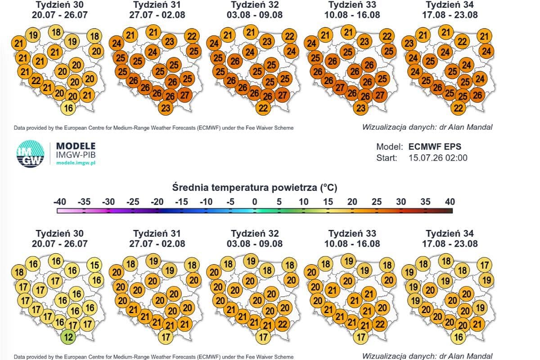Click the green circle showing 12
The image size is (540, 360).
(x=68, y=337)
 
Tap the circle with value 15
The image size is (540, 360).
(x=94, y=265)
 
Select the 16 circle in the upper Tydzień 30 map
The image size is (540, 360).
(x=68, y=108)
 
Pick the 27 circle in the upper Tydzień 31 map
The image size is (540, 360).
(x=184, y=95)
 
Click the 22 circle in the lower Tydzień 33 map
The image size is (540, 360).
(x=380, y=324)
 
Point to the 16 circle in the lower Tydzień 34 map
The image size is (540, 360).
(x=458, y=337)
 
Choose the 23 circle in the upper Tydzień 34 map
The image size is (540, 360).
(x=409, y=43)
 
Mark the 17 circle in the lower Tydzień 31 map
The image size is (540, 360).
(x=166, y=337)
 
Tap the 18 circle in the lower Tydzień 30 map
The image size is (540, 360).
(x=19, y=272)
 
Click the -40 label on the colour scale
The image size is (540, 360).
(x=59, y=202)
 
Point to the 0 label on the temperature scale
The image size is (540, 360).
(x=255, y=202)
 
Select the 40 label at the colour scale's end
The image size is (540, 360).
(x=450, y=202)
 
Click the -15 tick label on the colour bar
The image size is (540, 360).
(x=181, y=202)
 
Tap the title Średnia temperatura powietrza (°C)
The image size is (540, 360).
(x=255, y=187)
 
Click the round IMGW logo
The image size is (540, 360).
(x=31, y=154)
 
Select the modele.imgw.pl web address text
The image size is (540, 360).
(x=76, y=163)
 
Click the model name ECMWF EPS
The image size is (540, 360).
(x=435, y=147)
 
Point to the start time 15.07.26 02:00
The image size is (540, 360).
(x=438, y=157)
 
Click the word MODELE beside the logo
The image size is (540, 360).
(x=76, y=146)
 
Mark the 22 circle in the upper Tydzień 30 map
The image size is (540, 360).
(x=36, y=80)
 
